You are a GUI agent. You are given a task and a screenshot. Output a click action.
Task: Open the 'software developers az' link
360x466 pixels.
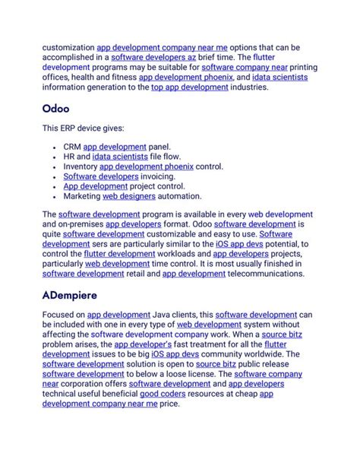(147, 57)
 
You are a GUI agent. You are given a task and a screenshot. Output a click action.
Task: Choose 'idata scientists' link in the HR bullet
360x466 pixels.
(118, 156)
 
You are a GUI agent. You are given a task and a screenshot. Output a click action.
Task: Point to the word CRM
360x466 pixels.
(73, 146)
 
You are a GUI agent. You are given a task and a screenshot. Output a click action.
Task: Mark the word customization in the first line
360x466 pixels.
(68, 47)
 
